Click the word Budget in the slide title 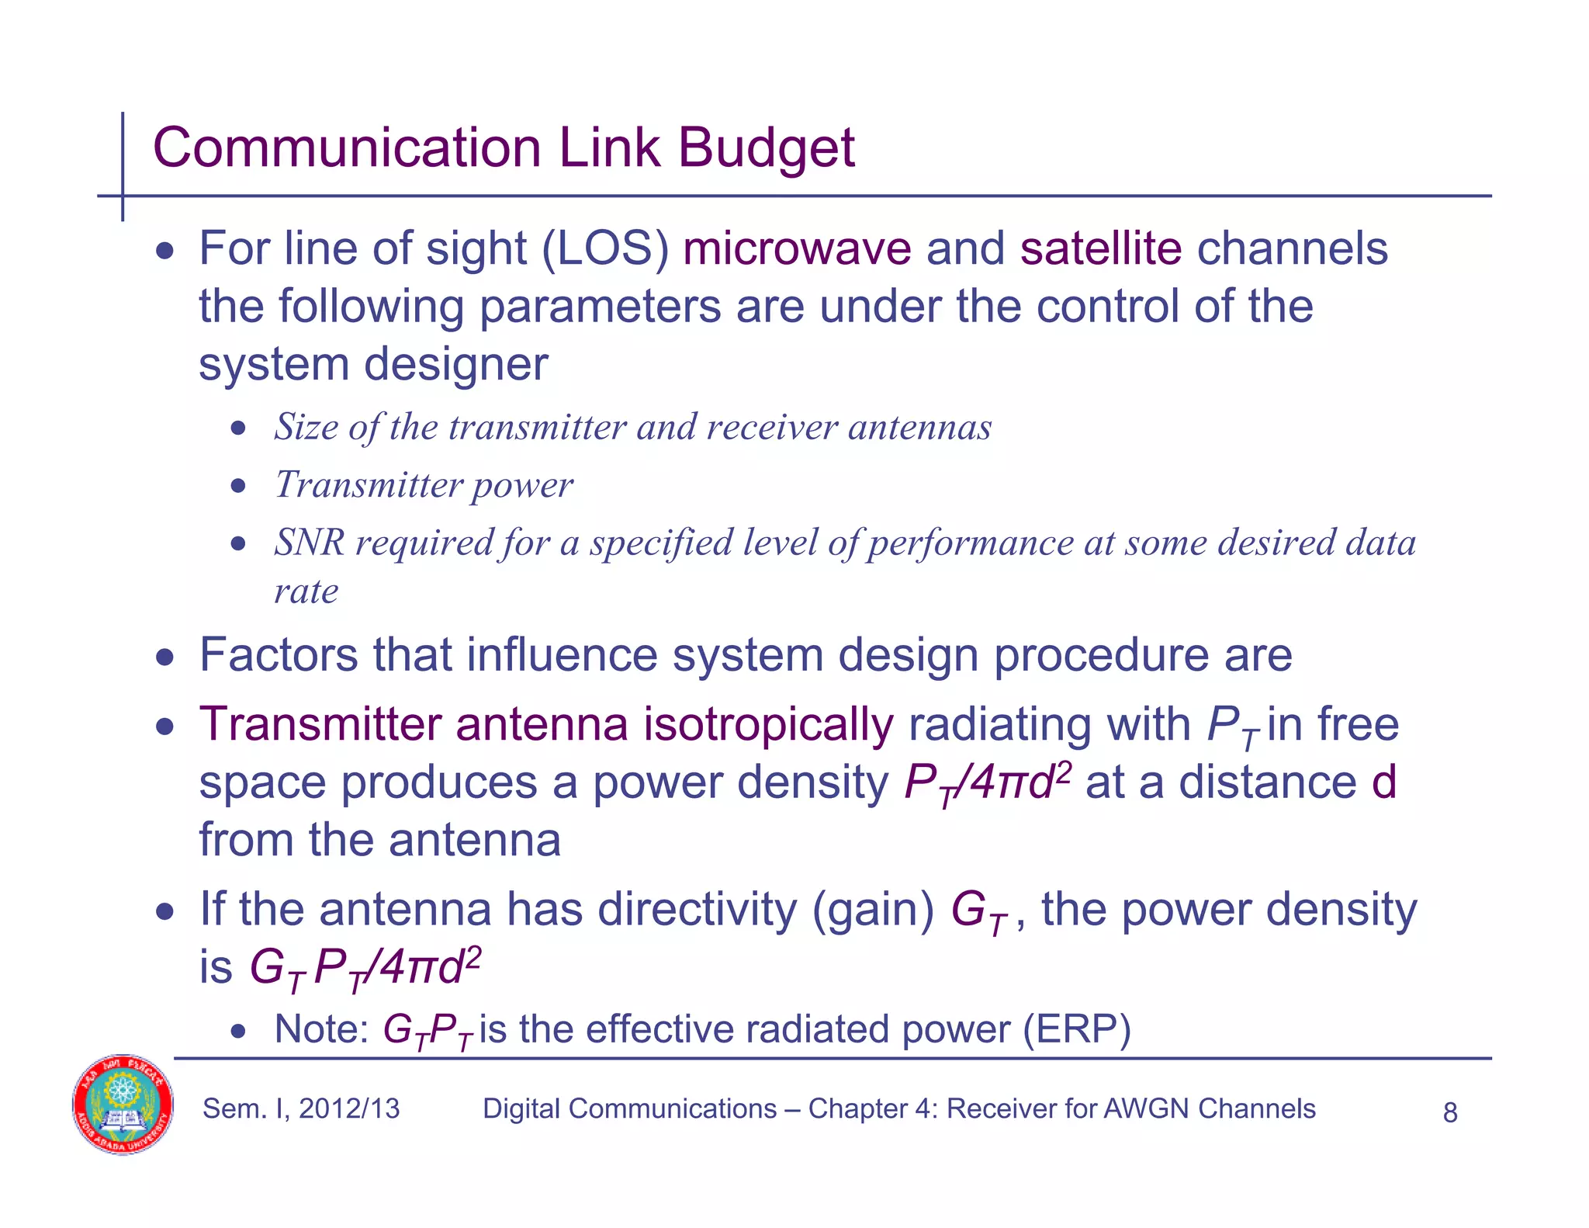[x=766, y=147]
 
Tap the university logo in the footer [x=123, y=1105]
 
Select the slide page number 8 [x=1449, y=1113]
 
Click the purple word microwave [x=797, y=249]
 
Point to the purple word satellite [x=1100, y=249]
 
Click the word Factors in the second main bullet [x=279, y=654]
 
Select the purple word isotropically [x=768, y=724]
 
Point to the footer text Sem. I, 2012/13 [x=301, y=1108]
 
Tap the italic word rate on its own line [x=306, y=591]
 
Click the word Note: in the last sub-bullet [x=321, y=1030]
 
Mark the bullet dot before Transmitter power [x=239, y=487]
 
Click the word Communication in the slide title [x=347, y=147]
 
